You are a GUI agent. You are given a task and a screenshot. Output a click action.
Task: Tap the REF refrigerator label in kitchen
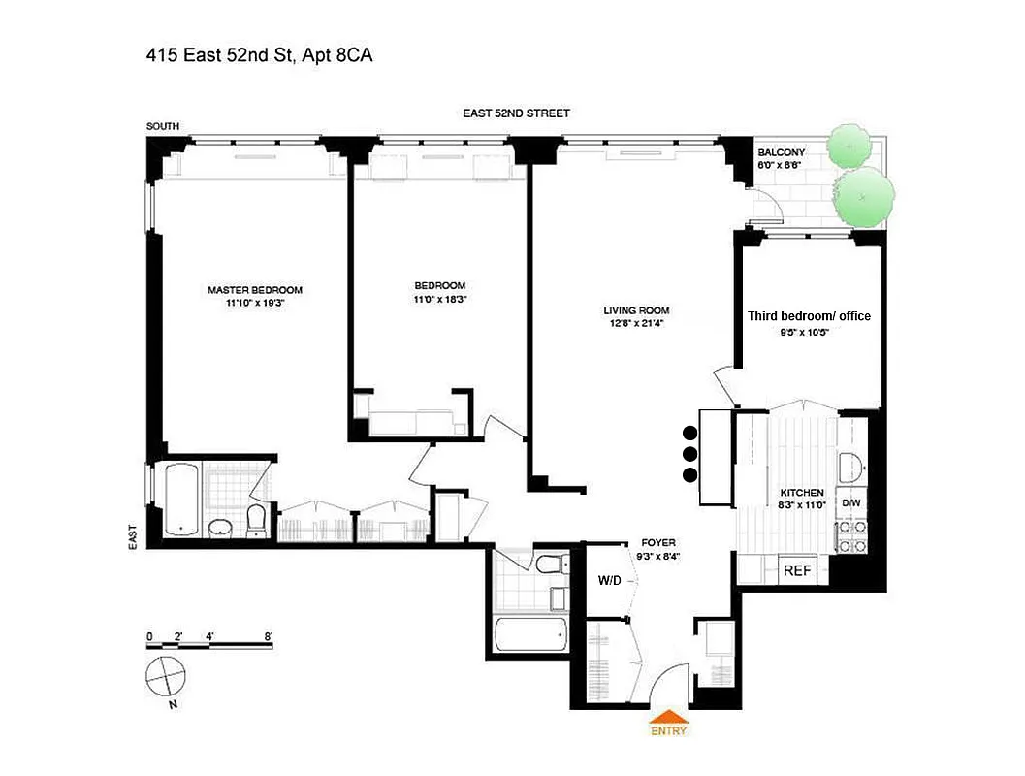pos(796,571)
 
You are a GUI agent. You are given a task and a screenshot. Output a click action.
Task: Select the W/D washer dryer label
pos(610,580)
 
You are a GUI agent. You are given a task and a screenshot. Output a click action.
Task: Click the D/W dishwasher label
pos(850,502)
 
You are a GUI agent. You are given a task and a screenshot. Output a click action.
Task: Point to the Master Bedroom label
pos(255,290)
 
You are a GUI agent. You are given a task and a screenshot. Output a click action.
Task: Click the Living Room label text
pos(636,311)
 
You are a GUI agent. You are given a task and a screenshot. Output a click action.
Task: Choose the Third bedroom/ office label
pos(809,316)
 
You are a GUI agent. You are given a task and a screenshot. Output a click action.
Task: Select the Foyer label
pos(658,542)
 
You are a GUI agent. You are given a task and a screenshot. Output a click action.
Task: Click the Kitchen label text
pos(802,493)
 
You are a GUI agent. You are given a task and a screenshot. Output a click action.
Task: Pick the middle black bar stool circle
pos(690,454)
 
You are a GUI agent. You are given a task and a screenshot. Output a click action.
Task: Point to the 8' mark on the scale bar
pos(269,637)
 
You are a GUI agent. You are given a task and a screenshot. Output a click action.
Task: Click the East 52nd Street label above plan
pos(516,113)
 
